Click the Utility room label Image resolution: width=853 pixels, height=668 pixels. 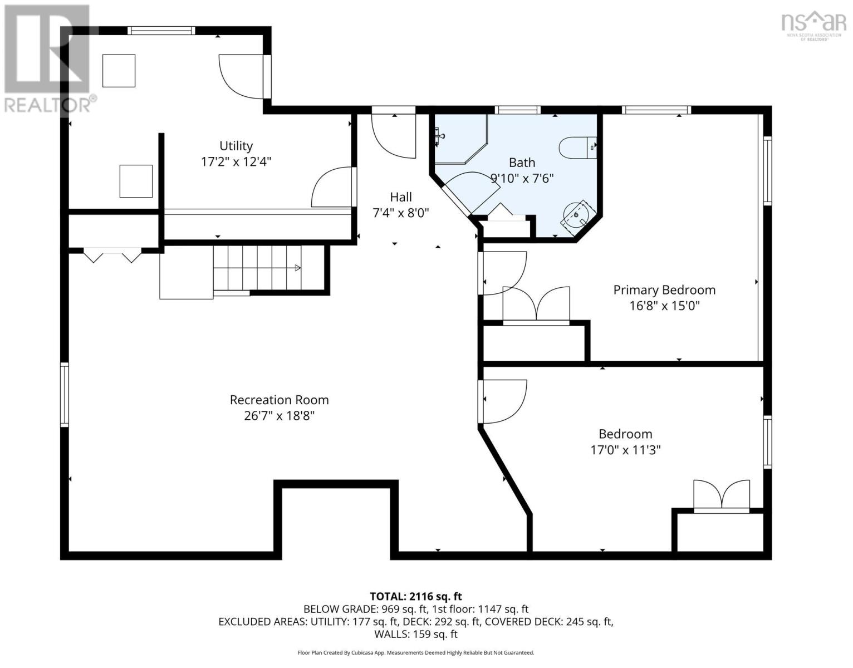coord(236,146)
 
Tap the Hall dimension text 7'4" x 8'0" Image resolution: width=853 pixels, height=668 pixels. coord(400,213)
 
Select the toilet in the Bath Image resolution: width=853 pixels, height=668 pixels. coord(577,148)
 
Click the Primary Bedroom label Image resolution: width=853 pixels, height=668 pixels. coord(664,290)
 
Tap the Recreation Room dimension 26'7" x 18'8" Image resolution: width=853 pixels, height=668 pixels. coord(279,416)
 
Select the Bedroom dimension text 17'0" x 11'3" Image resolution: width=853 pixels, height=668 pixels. coord(625,450)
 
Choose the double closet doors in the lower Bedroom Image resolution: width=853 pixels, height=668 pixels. coord(722,496)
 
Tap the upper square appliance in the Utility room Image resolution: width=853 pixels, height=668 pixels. coord(119,71)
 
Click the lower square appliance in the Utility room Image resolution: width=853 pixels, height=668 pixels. coord(136,181)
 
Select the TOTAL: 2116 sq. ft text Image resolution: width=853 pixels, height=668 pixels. coord(416,597)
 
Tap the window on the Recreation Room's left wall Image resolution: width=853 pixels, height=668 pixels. coord(65,395)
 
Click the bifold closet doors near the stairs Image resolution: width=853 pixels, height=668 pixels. coord(112,255)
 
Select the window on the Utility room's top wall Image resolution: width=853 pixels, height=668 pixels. coord(161,31)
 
